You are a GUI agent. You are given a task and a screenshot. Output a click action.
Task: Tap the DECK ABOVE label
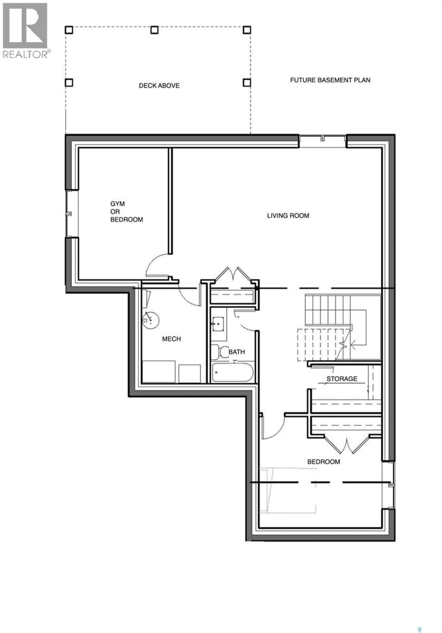[159, 86]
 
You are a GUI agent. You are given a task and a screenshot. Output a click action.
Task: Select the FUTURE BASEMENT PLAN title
[330, 80]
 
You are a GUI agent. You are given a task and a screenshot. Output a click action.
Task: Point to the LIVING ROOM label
[288, 216]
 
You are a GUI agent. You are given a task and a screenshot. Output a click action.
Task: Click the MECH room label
[171, 339]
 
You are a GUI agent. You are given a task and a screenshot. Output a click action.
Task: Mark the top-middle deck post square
[154, 30]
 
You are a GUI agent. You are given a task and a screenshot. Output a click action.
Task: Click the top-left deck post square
[69, 30]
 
